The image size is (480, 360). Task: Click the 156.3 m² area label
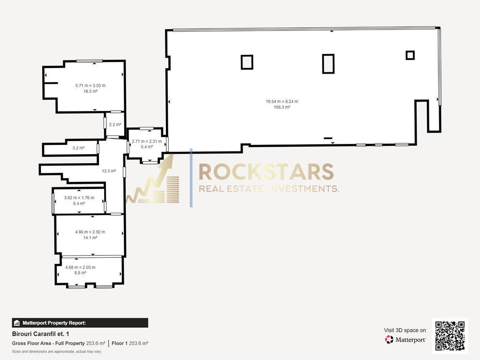[x=282, y=107]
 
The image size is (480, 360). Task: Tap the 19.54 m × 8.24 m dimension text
[x=282, y=101]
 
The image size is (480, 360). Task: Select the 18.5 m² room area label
[x=90, y=91]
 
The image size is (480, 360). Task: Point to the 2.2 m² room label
[x=115, y=125]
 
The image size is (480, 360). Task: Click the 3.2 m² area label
[x=78, y=148]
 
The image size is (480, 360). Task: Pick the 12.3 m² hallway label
[x=109, y=171]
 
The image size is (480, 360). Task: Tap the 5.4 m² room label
[x=147, y=147]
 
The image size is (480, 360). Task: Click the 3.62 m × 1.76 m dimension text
[x=79, y=198]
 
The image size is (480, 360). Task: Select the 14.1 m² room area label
[x=90, y=238]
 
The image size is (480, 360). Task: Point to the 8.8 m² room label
[x=80, y=273]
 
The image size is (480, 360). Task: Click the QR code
[x=450, y=336]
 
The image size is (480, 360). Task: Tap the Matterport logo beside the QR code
[x=405, y=339]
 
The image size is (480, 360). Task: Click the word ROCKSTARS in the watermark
[x=266, y=172]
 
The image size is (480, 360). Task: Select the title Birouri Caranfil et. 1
[x=40, y=334]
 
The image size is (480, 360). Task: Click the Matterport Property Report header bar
[x=80, y=322]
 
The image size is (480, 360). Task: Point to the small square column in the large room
[x=410, y=55]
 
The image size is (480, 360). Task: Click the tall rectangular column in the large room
[x=328, y=64]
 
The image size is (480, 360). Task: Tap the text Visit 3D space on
[x=405, y=330]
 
